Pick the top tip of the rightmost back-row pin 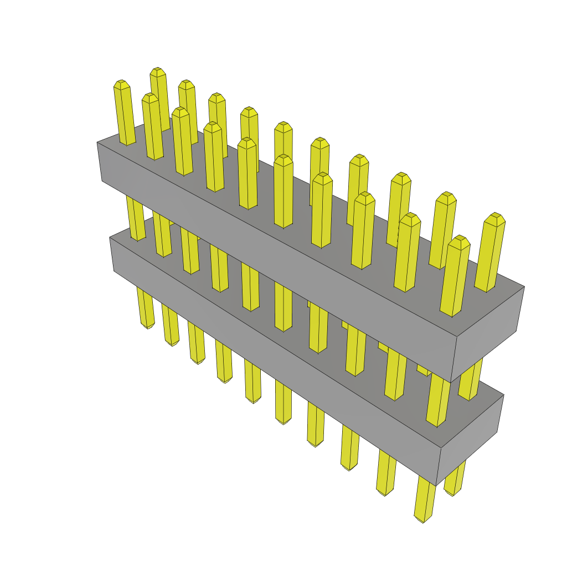pos(495,217)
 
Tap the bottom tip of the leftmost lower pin pos(148,327)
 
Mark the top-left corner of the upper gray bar pos(97,142)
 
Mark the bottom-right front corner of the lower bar pos(437,485)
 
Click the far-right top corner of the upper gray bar pos(524,286)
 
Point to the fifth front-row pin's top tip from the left pos(247,142)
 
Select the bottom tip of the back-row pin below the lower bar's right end pos(452,493)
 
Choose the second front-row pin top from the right pos(410,217)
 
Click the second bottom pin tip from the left pos(172,344)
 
